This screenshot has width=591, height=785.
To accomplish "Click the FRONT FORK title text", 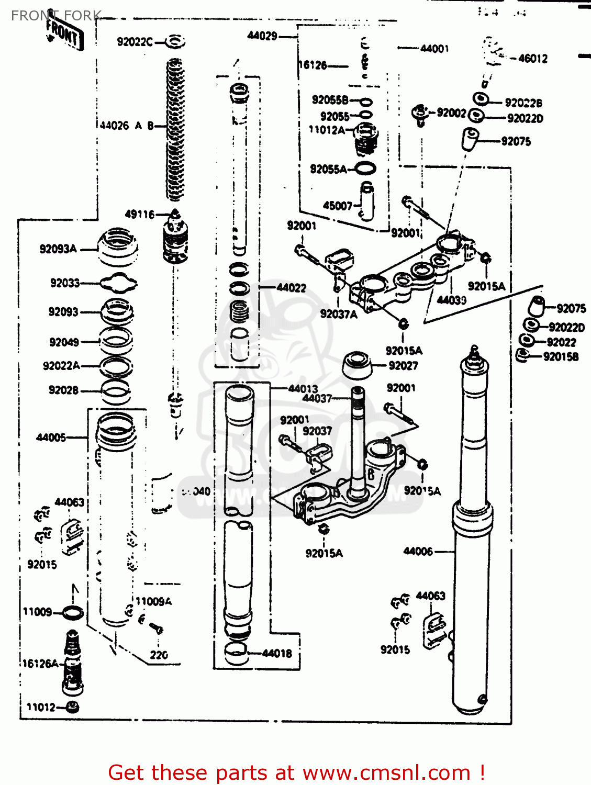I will (x=55, y=16).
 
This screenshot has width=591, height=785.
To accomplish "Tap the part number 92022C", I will (x=135, y=42).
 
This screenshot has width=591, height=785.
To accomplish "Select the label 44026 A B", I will (x=126, y=126).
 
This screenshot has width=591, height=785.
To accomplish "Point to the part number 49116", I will (x=140, y=214).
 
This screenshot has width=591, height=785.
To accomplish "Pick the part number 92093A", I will (x=58, y=249).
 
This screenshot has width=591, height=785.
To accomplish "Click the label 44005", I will (x=51, y=437).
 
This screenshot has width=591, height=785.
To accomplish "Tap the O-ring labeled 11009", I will (x=72, y=612).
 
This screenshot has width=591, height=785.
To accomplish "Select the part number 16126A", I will (x=40, y=664).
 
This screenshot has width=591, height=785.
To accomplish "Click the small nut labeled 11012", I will (x=73, y=708).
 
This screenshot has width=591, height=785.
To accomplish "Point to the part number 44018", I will (x=277, y=653).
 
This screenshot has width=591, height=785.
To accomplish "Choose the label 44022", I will (x=291, y=287).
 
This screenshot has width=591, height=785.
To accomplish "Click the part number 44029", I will (x=262, y=36).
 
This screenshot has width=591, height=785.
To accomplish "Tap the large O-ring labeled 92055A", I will (x=365, y=169).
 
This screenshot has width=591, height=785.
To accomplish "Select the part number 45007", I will (x=338, y=206).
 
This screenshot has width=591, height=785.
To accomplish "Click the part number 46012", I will (x=532, y=59).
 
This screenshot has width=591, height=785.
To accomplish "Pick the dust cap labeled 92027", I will (x=357, y=365).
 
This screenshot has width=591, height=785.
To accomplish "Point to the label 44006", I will (x=418, y=551).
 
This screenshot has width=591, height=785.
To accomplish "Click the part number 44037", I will (x=317, y=398).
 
